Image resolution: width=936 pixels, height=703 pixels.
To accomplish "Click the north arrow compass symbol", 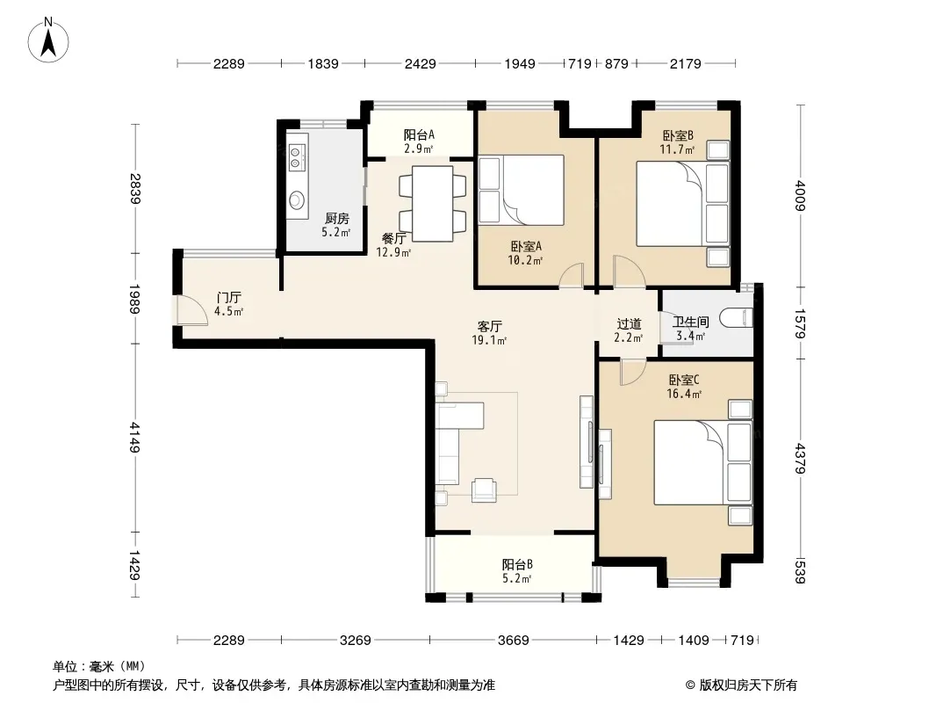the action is click(48, 40).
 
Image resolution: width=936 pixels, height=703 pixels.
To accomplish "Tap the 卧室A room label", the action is click(526, 246).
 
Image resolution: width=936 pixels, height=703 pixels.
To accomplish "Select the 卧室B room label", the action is click(678, 135).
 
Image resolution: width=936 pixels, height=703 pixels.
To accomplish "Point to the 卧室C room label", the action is click(683, 380).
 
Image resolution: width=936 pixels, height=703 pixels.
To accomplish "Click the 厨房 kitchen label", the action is click(336, 219).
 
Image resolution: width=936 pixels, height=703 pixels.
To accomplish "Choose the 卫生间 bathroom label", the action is click(691, 322).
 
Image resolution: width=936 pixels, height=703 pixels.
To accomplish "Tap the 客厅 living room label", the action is click(489, 326).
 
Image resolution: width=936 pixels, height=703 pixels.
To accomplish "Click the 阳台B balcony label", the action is click(517, 564).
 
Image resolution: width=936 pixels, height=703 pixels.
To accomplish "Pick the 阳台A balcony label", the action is click(419, 135).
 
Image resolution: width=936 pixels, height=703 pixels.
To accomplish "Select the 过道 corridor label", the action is click(629, 323).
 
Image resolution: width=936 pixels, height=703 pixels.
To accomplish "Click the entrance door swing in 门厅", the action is click(192, 310).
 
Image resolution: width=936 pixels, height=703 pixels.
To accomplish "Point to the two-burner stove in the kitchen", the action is click(297, 156).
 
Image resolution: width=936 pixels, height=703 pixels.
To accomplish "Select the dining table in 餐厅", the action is click(432, 204).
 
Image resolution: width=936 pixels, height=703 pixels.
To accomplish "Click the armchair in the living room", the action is click(484, 489).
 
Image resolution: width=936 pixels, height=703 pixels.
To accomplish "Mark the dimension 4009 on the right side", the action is click(801, 195).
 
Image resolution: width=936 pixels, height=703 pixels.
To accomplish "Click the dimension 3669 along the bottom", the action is click(514, 641).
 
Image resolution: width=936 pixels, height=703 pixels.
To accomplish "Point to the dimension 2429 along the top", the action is click(421, 63).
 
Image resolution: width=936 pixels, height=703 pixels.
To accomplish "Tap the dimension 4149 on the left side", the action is click(135, 438).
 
